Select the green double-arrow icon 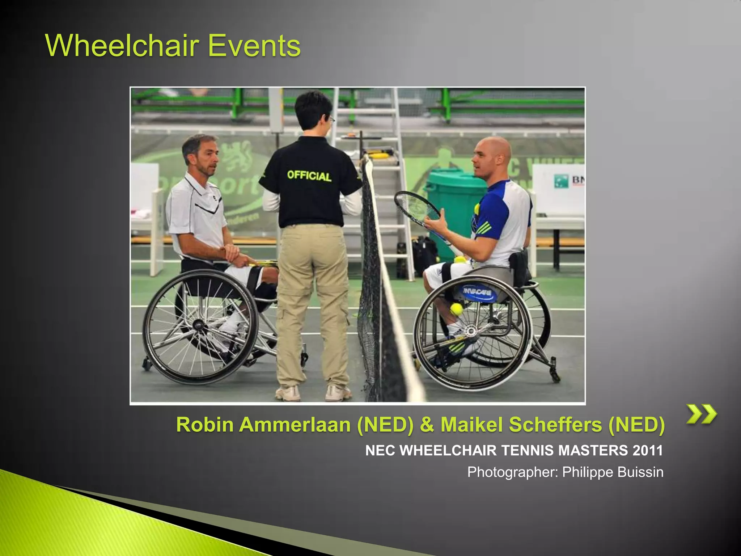click(x=702, y=414)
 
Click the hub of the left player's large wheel click(x=199, y=324)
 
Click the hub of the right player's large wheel click(x=470, y=330)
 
